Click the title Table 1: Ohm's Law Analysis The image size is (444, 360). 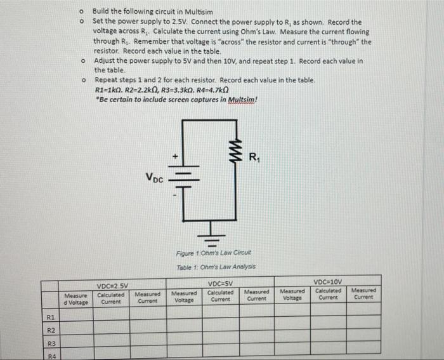tap(204, 267)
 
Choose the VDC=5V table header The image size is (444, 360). tap(219, 283)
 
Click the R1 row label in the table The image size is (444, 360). tap(51, 317)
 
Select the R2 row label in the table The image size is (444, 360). tap(51, 331)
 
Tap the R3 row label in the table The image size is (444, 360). tap(51, 344)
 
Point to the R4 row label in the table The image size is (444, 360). tap(51, 356)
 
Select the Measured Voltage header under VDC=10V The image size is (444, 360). tap(292, 293)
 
